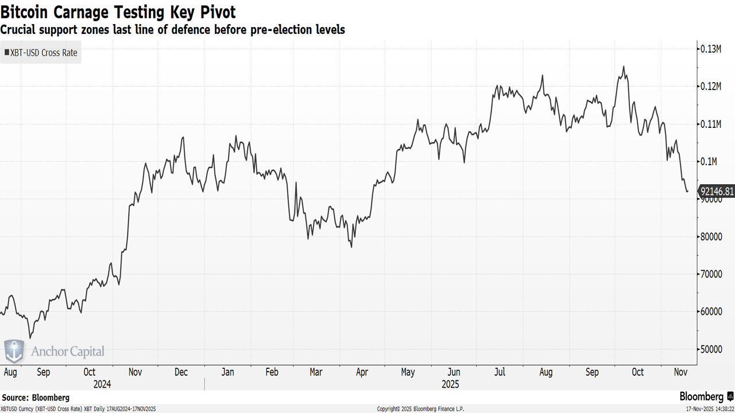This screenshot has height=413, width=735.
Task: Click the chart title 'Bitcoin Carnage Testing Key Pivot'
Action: [118, 11]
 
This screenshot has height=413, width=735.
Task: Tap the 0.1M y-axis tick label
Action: [709, 162]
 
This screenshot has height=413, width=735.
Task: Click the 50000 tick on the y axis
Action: [712, 349]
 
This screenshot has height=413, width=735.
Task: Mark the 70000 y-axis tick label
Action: [712, 274]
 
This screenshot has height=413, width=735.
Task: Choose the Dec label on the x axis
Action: [181, 372]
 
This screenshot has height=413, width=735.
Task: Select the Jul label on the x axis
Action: [500, 372]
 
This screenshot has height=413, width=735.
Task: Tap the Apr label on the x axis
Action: [362, 372]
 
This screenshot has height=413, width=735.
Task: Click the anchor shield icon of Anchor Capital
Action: [14, 351]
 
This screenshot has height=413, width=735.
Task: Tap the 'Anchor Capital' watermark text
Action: [68, 352]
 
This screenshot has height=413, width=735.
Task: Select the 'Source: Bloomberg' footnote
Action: [36, 398]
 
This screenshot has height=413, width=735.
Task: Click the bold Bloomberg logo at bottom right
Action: [702, 396]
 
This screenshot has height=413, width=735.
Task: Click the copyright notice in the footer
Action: [420, 409]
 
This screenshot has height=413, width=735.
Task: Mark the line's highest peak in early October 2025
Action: [624, 67]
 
